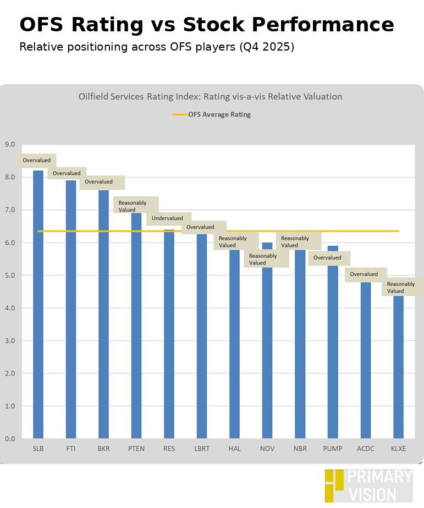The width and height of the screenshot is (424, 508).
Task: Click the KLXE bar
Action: (x=398, y=368)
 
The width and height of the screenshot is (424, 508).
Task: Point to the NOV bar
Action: (x=267, y=352)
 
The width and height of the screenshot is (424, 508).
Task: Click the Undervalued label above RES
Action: (x=168, y=219)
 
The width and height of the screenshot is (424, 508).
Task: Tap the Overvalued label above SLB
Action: (x=37, y=161)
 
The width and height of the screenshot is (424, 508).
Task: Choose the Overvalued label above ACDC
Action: (x=364, y=274)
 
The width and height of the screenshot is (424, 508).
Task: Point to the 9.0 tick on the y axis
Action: (x=10, y=145)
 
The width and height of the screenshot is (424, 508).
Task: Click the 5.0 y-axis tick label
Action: (x=10, y=275)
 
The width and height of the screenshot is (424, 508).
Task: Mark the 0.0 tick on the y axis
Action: (x=10, y=439)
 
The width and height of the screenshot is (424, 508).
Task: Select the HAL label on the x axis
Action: (x=234, y=449)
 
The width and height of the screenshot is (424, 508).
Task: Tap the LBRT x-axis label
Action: (x=202, y=449)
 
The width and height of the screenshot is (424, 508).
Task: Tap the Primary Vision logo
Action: (x=368, y=485)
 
